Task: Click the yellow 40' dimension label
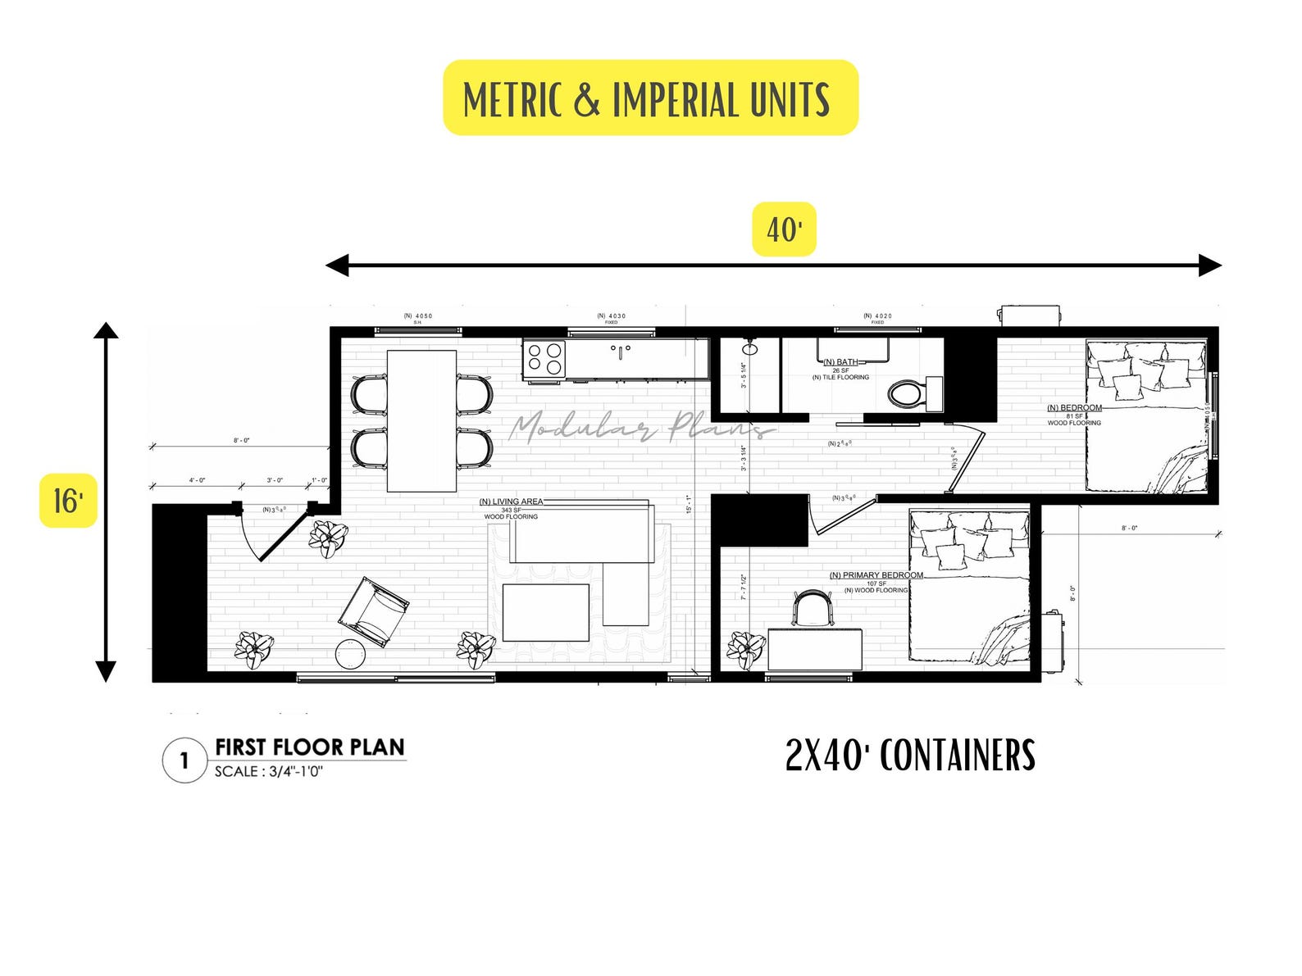click(784, 229)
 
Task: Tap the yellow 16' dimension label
click(68, 500)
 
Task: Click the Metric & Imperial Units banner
click(649, 98)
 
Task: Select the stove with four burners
click(544, 358)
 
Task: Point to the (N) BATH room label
click(841, 362)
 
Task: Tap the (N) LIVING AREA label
click(511, 502)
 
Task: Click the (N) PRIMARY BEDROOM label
click(876, 575)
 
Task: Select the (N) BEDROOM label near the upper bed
click(1074, 408)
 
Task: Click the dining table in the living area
click(421, 420)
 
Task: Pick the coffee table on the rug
click(545, 612)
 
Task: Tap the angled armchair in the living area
click(374, 611)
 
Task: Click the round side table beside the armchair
click(352, 654)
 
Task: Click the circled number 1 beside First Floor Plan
click(184, 760)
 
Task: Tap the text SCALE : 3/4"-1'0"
click(269, 772)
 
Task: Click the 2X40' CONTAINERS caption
click(910, 756)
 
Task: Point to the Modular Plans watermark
click(640, 426)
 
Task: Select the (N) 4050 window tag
click(417, 316)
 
